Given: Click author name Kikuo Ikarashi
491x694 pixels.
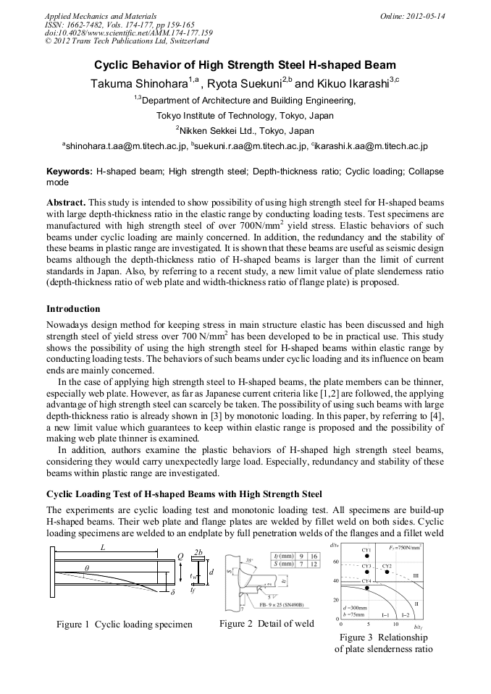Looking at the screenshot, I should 353,84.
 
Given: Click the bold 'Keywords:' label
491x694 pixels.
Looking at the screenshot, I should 70,172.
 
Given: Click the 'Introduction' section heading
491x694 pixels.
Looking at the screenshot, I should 73,308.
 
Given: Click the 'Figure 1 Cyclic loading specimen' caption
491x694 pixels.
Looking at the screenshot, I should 125,624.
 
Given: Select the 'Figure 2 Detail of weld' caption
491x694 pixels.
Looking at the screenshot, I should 267,623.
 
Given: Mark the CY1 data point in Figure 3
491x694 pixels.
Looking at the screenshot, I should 367,556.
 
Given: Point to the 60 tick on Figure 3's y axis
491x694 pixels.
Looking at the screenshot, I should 335,562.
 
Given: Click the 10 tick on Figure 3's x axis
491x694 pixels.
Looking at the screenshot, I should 395,624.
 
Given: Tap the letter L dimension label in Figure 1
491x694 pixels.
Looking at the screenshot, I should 103,548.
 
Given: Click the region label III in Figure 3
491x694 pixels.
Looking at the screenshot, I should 416,575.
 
